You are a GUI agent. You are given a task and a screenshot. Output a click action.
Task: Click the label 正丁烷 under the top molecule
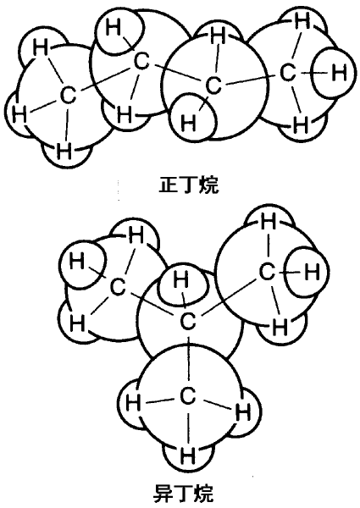(189, 185)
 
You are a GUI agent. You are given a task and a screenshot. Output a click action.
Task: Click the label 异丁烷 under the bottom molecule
(183, 493)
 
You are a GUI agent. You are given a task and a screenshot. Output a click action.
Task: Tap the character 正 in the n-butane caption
(169, 185)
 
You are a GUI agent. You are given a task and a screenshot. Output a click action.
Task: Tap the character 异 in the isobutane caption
(163, 493)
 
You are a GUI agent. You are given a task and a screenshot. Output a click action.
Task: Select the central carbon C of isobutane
(188, 321)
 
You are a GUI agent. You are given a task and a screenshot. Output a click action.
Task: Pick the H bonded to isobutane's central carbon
(180, 279)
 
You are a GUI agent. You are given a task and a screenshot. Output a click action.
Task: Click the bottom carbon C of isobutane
(187, 396)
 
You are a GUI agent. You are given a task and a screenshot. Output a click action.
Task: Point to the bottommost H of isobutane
(187, 456)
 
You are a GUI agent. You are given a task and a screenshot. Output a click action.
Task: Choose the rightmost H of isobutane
(312, 272)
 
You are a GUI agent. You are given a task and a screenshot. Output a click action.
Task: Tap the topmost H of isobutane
(268, 222)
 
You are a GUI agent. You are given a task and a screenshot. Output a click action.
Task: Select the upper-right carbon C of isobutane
(267, 272)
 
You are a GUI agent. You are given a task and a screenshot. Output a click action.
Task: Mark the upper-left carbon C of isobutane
(118, 287)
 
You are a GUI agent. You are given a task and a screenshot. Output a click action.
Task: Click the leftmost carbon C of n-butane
(68, 95)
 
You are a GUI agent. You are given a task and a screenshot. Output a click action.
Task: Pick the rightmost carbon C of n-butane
(288, 73)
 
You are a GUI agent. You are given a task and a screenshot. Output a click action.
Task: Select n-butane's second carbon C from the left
(141, 62)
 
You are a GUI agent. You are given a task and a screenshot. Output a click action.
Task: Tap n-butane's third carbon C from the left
(213, 86)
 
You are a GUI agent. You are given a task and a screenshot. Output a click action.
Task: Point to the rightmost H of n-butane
(339, 72)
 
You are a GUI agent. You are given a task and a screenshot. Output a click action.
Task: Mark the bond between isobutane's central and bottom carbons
(187, 359)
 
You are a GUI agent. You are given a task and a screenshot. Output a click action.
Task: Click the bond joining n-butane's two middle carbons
(178, 74)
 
